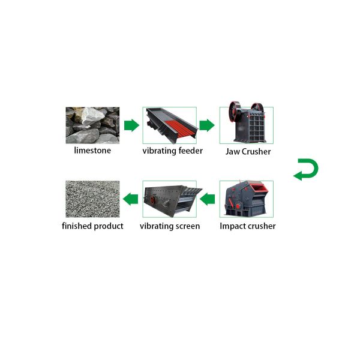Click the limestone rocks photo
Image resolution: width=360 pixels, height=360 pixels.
pos(92,125)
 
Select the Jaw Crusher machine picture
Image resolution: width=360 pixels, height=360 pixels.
pos(246,125)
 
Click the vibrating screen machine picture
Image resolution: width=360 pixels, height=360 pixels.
pos(170,199)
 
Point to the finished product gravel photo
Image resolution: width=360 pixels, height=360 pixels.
pos(92,199)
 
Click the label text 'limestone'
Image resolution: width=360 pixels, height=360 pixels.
pos(92,150)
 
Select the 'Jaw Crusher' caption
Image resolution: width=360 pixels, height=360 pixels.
pos(248,151)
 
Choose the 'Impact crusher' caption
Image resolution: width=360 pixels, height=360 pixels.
pos(248,226)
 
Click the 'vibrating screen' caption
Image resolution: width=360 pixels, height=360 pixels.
pos(170,226)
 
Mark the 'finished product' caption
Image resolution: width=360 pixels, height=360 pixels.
pos(92,226)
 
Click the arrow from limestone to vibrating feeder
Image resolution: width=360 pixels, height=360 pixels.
pos(130,125)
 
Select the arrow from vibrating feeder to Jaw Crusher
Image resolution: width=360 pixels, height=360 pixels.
pos(206,125)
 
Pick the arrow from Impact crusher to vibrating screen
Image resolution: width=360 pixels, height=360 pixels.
pos(207,199)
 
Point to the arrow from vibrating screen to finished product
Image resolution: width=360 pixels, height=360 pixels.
pos(130,199)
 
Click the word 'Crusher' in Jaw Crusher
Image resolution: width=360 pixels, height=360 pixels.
pos(256,151)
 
